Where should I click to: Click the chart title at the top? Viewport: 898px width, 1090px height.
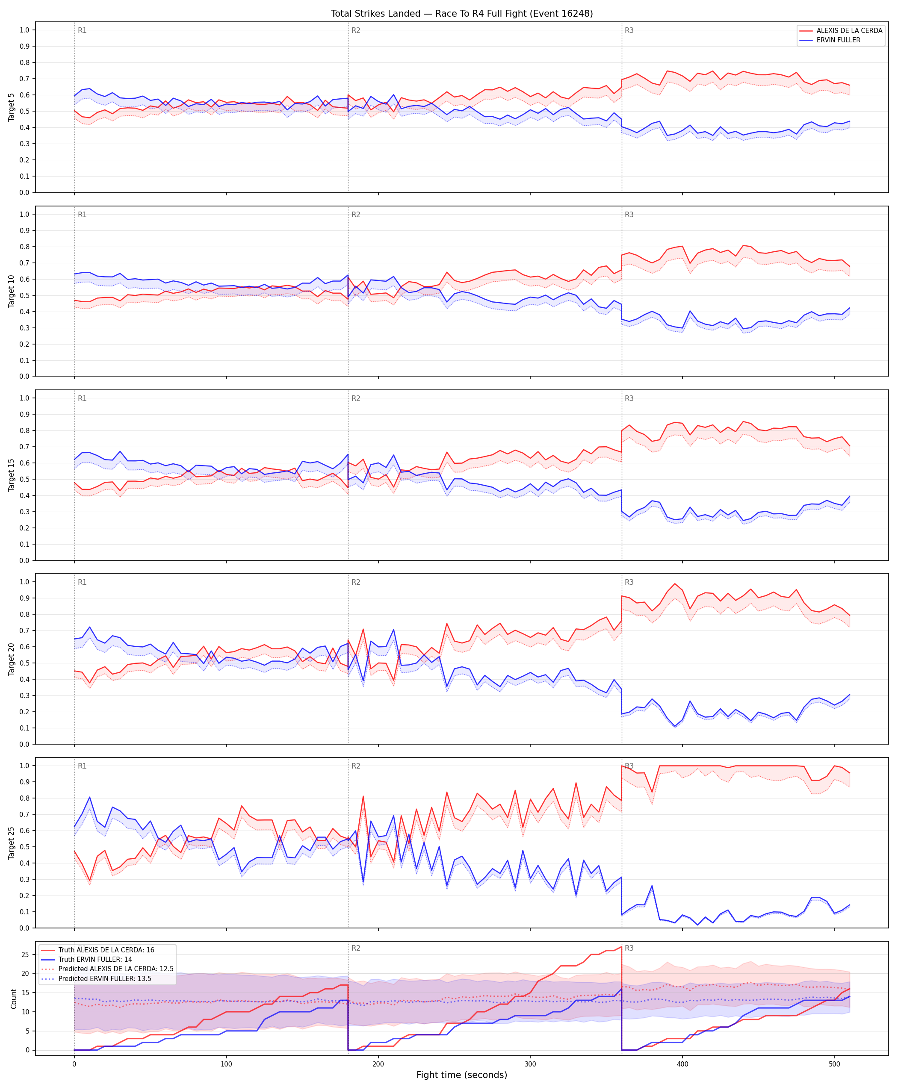(x=461, y=13)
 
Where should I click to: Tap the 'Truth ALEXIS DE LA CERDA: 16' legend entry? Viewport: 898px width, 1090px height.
(x=106, y=950)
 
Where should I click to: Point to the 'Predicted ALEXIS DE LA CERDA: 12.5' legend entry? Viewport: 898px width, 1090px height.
(x=116, y=969)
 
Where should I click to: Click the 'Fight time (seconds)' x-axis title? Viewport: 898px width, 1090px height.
(x=461, y=1075)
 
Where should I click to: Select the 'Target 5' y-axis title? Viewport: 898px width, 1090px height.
(x=12, y=107)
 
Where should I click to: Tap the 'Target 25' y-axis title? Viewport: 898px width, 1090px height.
(x=12, y=843)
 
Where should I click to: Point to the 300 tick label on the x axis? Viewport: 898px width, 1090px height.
(x=530, y=1061)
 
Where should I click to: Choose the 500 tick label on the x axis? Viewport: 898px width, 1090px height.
(x=834, y=1061)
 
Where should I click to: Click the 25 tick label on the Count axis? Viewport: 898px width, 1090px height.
(x=25, y=954)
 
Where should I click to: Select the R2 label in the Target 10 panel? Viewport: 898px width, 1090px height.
(x=356, y=215)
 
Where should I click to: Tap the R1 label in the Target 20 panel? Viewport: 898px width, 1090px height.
(x=82, y=582)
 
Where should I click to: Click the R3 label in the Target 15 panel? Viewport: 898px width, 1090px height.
(x=629, y=399)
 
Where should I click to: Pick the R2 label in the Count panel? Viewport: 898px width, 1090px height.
(x=356, y=949)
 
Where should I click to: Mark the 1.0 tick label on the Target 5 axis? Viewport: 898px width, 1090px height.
(x=24, y=30)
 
